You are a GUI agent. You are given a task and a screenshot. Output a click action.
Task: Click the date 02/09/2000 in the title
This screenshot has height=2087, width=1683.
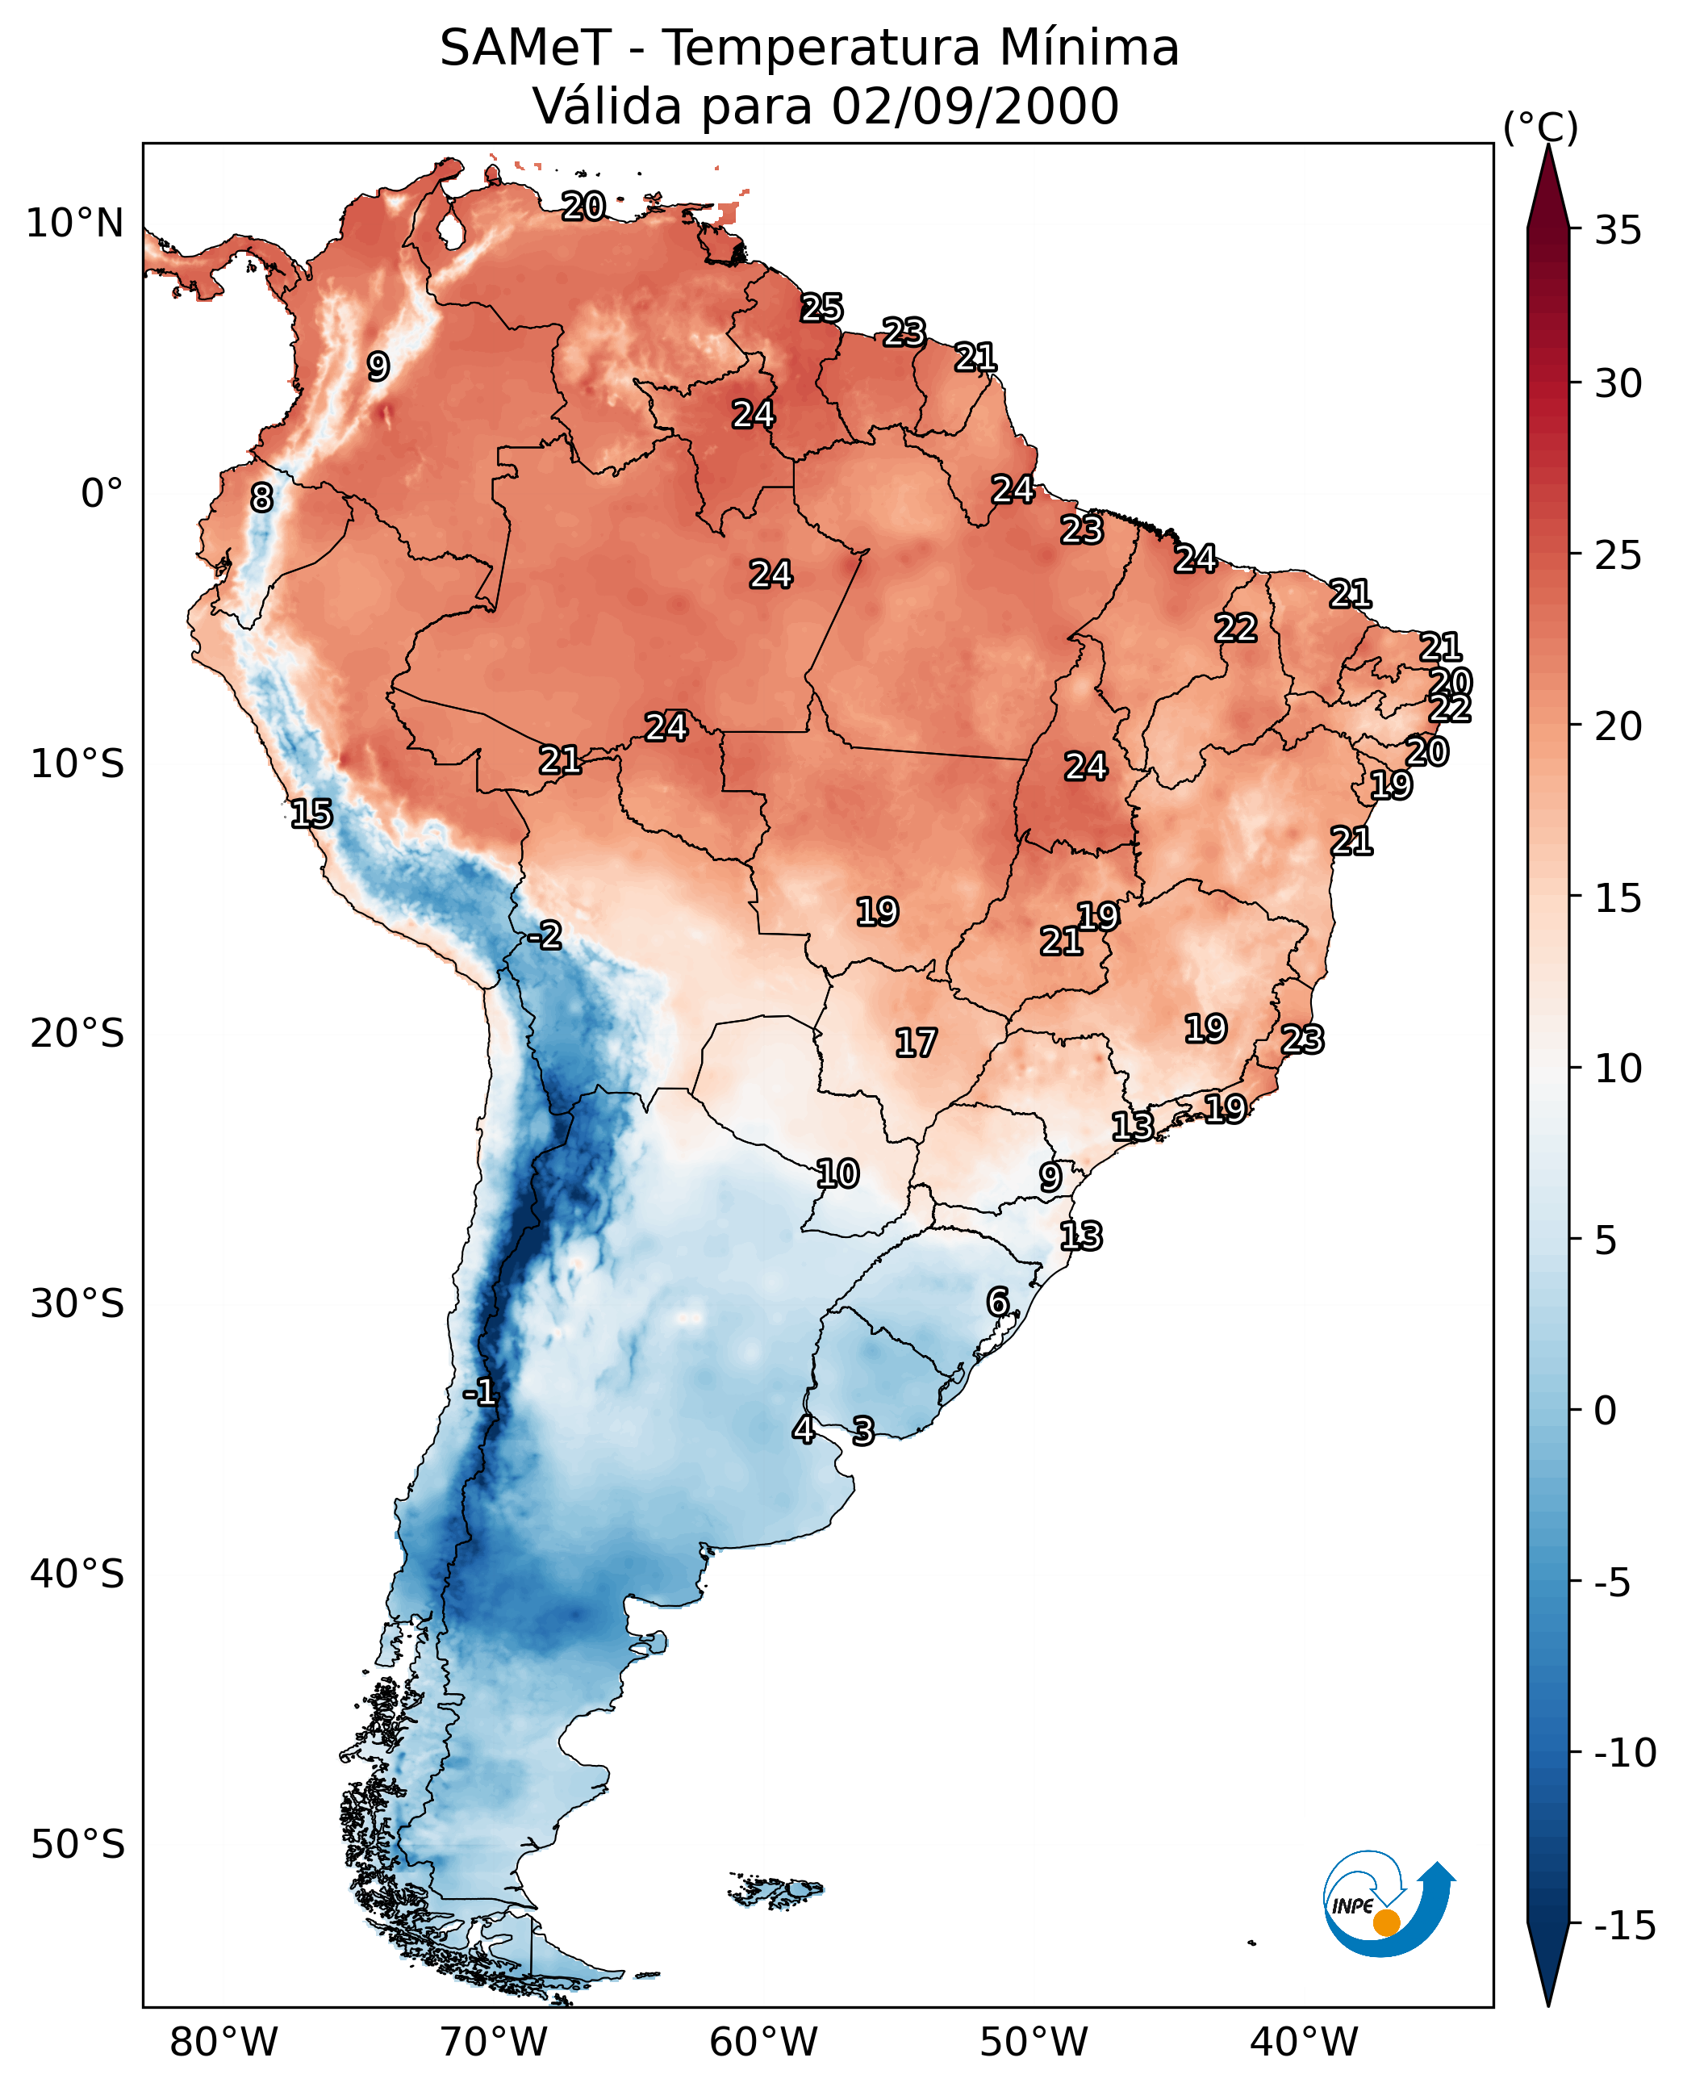975,107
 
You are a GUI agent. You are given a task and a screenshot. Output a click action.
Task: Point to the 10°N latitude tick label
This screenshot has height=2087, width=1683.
75,224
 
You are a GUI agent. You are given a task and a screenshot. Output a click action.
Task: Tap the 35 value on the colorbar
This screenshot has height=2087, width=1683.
1618,231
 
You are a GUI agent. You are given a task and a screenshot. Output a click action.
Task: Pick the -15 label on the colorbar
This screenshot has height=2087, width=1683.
1624,1926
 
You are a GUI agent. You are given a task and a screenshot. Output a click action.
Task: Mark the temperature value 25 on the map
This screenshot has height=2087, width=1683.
821,308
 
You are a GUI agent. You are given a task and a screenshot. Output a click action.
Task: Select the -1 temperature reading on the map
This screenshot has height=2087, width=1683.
480,1394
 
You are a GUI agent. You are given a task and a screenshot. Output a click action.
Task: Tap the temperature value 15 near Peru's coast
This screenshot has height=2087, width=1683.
311,813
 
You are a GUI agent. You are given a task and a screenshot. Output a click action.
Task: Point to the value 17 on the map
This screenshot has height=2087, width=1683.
915,1043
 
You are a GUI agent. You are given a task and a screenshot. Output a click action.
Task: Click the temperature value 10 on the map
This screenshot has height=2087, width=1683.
837,1174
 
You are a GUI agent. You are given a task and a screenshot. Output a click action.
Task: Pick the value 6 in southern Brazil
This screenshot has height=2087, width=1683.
997,1302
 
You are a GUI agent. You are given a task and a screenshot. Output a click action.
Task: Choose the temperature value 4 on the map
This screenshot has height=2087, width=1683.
803,1429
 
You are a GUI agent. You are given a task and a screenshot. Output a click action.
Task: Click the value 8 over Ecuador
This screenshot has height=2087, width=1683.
261,499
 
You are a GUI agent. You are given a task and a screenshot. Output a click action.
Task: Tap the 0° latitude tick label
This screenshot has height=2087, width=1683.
102,494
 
